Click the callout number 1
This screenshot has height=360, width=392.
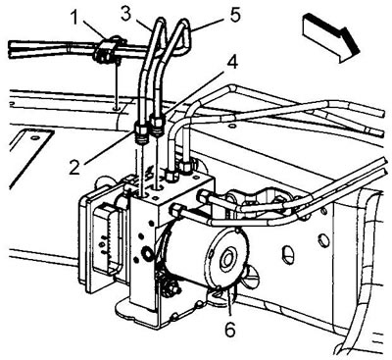click(x=74, y=18)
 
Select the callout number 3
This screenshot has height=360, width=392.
click(x=126, y=13)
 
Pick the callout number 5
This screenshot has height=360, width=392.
click(x=235, y=15)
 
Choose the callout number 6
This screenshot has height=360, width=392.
click(x=230, y=330)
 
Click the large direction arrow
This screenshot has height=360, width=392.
click(x=330, y=37)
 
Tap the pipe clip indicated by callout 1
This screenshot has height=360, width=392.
click(x=107, y=50)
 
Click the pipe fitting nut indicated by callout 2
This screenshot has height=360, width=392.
click(x=141, y=130)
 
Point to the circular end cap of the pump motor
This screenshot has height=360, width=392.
click(x=225, y=257)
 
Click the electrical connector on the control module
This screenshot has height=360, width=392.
click(x=106, y=236)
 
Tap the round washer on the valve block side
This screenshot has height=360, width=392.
click(x=147, y=253)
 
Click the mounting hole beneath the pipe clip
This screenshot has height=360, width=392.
click(x=116, y=107)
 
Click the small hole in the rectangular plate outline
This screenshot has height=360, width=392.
click(x=34, y=137)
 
